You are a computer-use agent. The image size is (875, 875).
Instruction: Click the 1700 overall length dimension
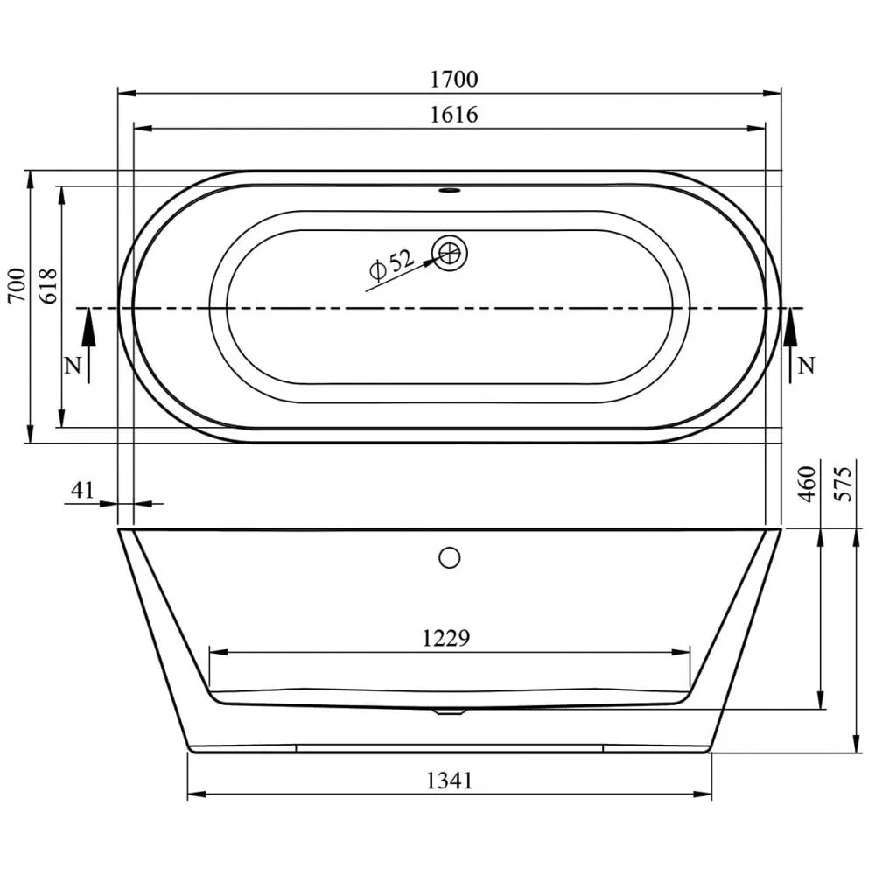point(454,80)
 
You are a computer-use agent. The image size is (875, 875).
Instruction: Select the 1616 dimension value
point(454,115)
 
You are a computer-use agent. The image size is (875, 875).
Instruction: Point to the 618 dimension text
point(48,286)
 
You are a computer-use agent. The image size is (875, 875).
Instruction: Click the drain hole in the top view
point(451,253)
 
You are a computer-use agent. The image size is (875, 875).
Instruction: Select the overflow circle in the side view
point(450,556)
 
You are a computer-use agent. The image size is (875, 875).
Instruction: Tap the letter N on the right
point(807,366)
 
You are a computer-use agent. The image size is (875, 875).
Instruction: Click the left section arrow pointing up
point(88,341)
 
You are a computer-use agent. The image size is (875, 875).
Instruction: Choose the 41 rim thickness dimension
point(81,491)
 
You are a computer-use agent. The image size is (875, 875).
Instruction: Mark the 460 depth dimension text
point(807,484)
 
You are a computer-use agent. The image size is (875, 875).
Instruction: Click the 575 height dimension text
point(843,484)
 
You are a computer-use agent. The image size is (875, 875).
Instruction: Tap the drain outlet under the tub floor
point(449,711)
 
